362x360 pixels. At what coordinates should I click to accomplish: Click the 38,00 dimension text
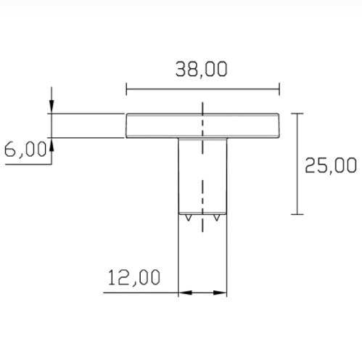point(202,69)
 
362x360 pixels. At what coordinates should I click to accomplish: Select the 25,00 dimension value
point(331,165)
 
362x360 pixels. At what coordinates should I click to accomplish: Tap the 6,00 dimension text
point(25,149)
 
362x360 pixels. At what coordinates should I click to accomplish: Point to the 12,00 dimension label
point(134,277)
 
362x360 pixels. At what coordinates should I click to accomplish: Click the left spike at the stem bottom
point(188,218)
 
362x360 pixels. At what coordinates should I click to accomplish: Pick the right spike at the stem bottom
point(217,218)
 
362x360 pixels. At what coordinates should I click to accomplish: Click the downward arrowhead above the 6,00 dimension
point(52,106)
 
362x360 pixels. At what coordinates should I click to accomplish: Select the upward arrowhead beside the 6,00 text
point(52,144)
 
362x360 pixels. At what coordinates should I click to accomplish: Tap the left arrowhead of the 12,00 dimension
point(185,292)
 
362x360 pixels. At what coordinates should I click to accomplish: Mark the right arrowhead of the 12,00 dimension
point(220,292)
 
